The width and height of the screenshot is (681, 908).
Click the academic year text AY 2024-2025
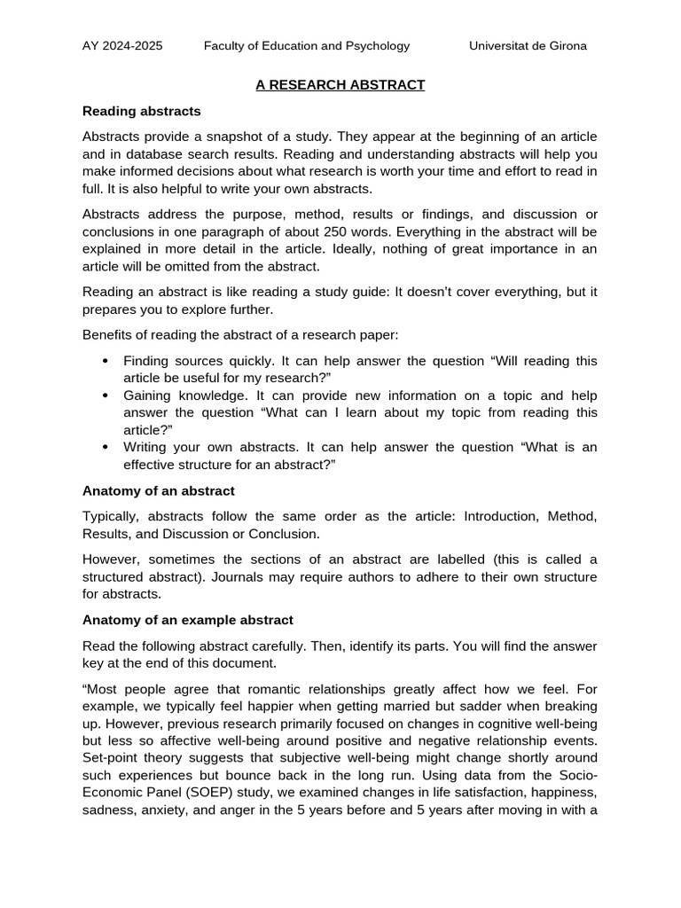tap(122, 46)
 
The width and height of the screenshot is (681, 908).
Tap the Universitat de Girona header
tap(528, 46)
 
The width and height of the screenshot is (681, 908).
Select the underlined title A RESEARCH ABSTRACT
tap(340, 85)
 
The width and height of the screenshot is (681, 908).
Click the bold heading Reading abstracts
tap(142, 112)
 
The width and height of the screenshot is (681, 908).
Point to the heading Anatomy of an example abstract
tap(188, 619)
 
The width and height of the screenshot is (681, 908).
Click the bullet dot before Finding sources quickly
tap(106, 361)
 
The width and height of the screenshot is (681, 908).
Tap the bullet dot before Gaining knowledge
tap(106, 395)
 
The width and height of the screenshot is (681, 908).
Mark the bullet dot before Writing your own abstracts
tap(106, 447)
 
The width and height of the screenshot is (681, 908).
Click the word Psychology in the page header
tap(378, 46)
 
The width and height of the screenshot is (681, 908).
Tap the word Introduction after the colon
tap(502, 516)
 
